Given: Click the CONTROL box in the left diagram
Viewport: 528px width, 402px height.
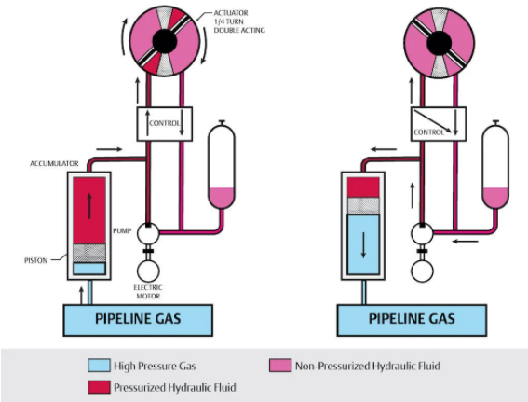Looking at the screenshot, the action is tap(165, 124).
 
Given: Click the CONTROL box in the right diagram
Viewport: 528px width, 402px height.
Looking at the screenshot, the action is tap(439, 124).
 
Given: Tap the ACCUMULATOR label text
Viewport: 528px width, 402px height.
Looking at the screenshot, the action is tap(54, 164).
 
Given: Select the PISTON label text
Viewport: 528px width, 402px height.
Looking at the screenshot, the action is tap(36, 260).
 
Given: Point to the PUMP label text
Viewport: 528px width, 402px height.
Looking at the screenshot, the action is tap(122, 231).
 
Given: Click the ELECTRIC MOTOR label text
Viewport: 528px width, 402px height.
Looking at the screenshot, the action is tap(148, 292).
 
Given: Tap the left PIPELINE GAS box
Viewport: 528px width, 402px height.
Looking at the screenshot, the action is tap(138, 320).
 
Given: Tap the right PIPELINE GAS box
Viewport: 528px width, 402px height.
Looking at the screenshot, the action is tap(412, 320).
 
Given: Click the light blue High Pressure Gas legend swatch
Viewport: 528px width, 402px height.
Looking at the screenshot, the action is tap(99, 366).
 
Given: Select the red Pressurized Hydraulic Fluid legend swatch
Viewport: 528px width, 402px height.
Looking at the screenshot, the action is tap(99, 387).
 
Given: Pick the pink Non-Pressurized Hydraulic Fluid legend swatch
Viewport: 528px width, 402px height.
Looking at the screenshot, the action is tap(280, 366).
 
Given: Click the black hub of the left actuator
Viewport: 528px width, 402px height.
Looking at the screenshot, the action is tap(165, 41).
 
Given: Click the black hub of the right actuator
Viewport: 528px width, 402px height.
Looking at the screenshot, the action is tap(440, 43).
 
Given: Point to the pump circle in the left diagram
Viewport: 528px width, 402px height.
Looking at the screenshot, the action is tap(148, 233).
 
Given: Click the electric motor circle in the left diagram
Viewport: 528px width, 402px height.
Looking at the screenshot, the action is tap(148, 270).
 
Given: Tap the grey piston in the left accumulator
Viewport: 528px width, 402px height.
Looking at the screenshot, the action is tap(89, 253).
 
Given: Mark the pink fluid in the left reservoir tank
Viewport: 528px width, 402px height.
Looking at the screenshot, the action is tap(222, 198).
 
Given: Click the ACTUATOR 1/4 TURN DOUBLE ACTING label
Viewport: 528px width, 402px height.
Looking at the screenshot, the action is tap(239, 21).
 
